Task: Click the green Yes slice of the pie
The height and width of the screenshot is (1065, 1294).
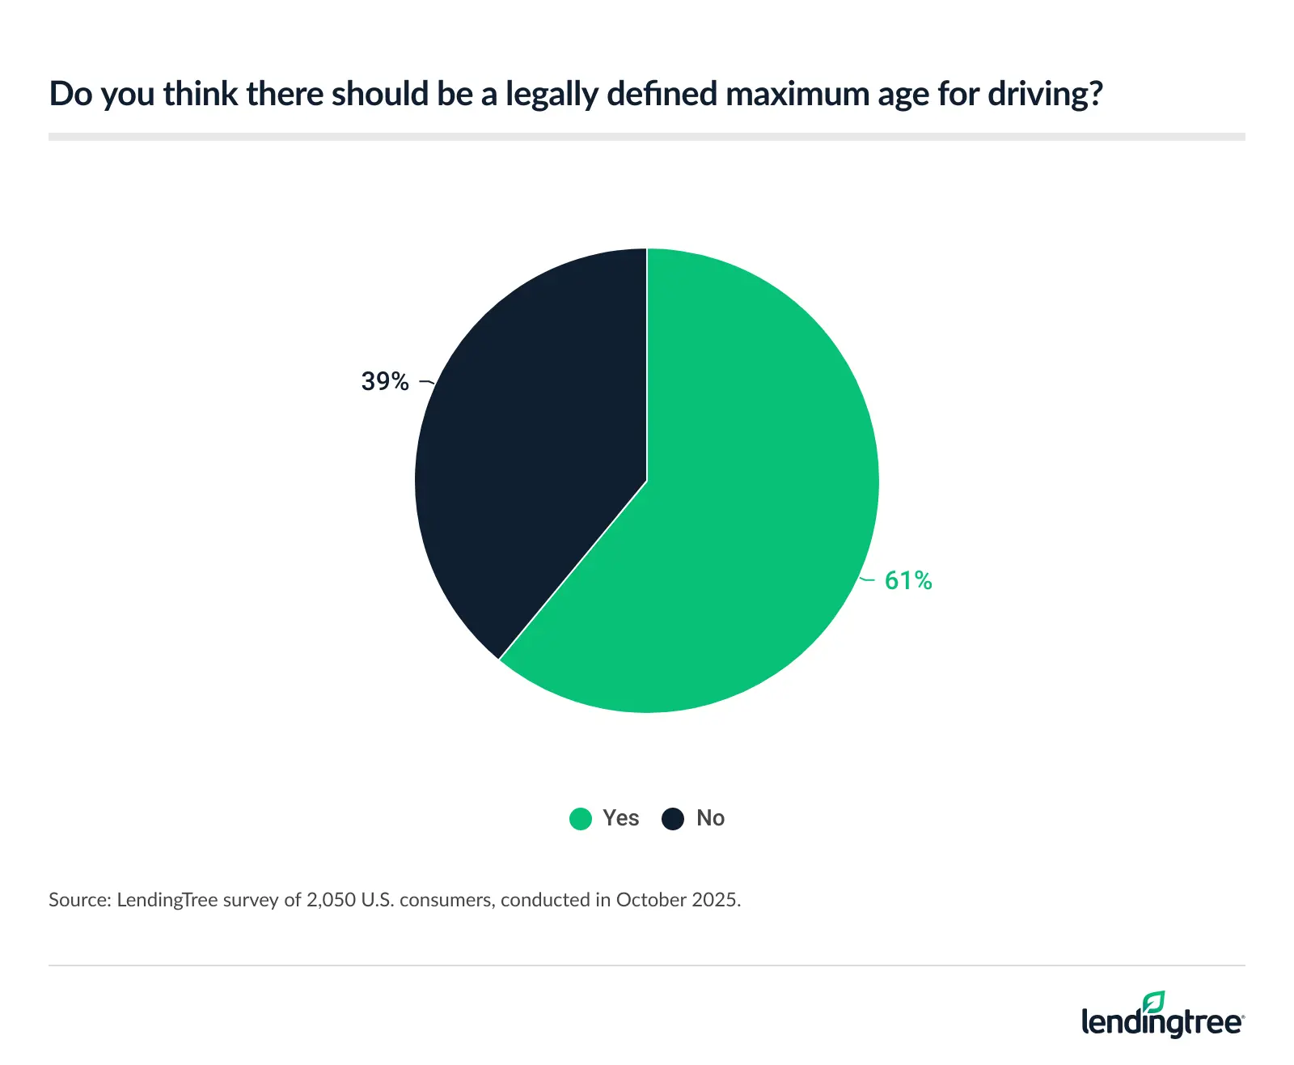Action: pyautogui.click(x=744, y=502)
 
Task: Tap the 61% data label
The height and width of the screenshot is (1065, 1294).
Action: pyautogui.click(x=908, y=580)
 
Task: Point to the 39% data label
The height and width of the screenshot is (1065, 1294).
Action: pyautogui.click(x=385, y=381)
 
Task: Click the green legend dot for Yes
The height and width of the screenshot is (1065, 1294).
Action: pyautogui.click(x=581, y=819)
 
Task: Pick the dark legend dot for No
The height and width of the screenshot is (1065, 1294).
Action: pyautogui.click(x=673, y=819)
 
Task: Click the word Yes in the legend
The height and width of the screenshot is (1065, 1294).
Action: pyautogui.click(x=620, y=818)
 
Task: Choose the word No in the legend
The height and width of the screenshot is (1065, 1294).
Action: pyautogui.click(x=710, y=818)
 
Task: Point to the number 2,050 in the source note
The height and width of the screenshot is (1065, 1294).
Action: pyautogui.click(x=331, y=900)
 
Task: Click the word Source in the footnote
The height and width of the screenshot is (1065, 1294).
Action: pyautogui.click(x=78, y=900)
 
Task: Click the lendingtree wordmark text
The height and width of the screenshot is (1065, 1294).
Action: pyautogui.click(x=1161, y=1023)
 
